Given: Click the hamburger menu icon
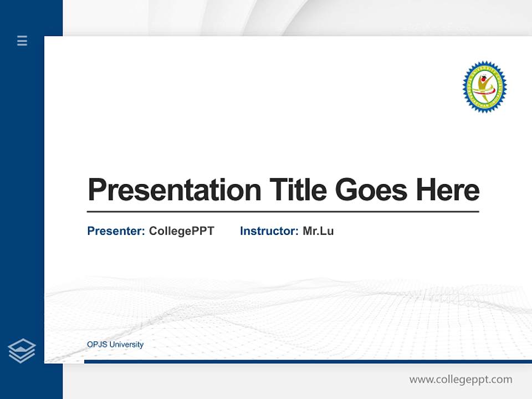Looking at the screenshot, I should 22,40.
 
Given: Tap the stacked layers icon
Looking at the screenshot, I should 22,351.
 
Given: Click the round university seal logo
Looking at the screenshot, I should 484,86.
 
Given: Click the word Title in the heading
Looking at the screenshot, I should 298,190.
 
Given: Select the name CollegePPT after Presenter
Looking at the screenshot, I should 181,231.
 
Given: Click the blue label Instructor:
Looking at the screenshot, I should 269,231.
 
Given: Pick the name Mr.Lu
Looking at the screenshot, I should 318,231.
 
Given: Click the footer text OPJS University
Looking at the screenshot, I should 115,345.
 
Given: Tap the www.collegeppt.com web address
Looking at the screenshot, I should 461,380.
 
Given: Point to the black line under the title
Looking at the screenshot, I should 283,212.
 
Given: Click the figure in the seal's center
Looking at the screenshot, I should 485,86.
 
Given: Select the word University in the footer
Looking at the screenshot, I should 127,345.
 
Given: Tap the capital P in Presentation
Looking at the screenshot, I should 96,190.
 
